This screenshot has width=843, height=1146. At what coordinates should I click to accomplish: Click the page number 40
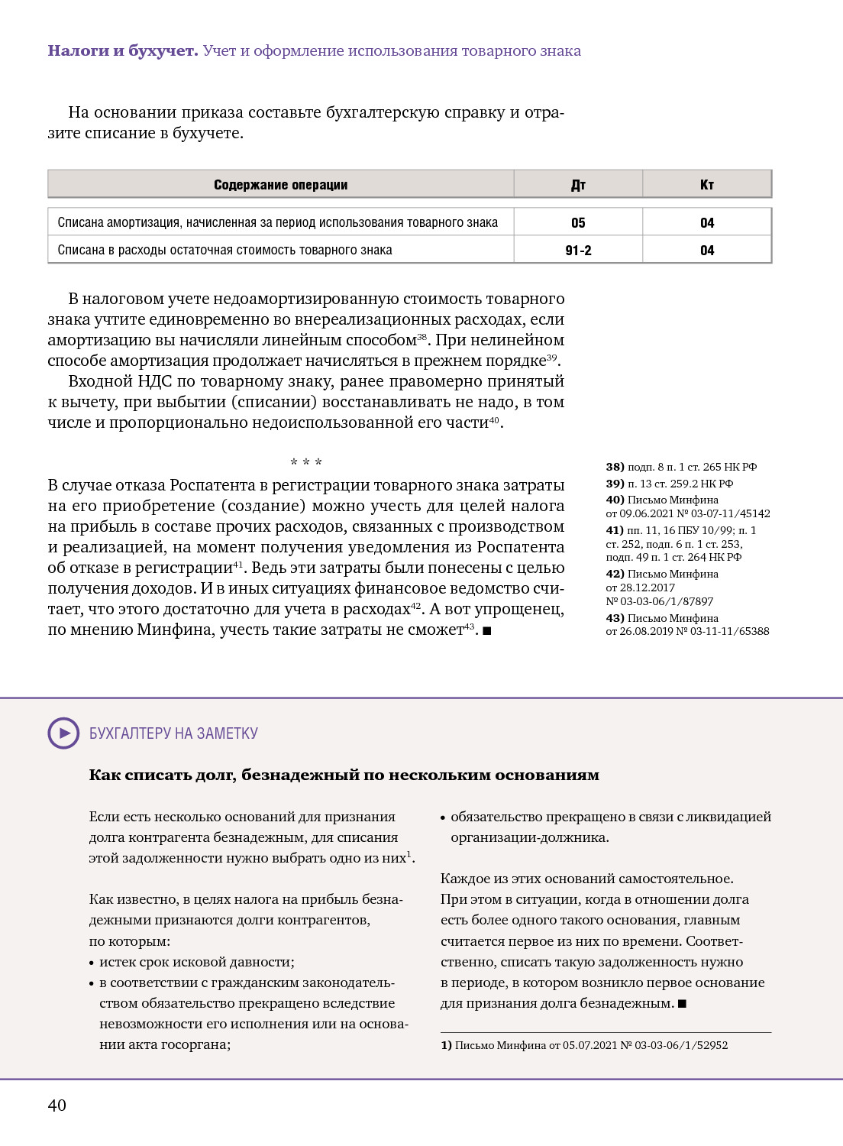(57, 1105)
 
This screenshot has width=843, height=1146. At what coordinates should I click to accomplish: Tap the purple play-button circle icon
(64, 733)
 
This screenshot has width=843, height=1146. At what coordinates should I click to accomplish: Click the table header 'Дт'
(578, 185)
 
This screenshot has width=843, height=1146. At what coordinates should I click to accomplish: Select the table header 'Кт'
(707, 185)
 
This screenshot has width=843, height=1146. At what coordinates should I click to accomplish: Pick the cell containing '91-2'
(578, 251)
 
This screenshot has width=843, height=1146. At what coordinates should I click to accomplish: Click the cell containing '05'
(578, 223)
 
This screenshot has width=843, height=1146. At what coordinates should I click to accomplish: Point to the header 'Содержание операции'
(280, 185)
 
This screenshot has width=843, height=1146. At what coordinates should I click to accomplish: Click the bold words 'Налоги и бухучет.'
(123, 51)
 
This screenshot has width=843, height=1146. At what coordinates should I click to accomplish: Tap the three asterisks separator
(306, 462)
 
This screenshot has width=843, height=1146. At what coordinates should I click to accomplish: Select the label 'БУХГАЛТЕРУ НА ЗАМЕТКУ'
(173, 733)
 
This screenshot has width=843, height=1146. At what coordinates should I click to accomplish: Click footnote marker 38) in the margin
(615, 467)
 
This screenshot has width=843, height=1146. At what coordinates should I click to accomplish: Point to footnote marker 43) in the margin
(615, 618)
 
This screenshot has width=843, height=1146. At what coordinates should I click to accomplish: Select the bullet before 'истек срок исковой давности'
(92, 963)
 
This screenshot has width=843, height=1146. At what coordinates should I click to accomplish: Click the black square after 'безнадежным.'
(683, 1004)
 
